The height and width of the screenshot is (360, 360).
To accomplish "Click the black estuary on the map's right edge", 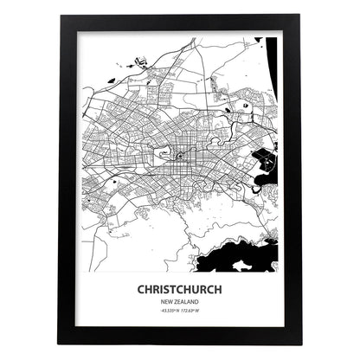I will [x=263, y=161].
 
